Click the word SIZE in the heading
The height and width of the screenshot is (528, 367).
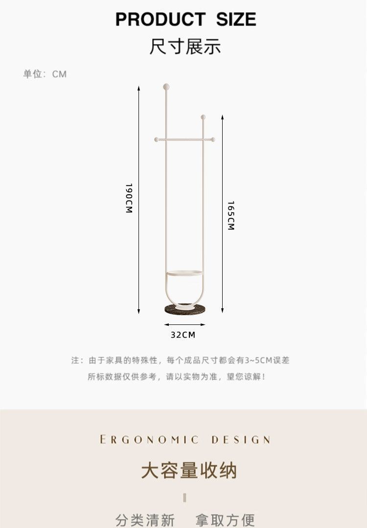tap(236, 20)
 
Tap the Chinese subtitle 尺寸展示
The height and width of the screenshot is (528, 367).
tap(185, 46)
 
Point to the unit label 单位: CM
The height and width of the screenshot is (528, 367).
tap(45, 74)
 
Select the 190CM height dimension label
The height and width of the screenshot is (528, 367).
tap(129, 198)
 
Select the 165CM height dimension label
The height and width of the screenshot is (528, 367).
tap(231, 215)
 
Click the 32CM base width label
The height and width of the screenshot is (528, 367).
tap(183, 335)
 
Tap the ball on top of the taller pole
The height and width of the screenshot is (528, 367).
tap(166, 87)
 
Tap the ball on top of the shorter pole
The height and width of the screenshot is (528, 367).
tap(203, 117)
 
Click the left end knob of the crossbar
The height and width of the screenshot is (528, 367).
tap(157, 139)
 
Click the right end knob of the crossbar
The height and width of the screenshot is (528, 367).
tap(213, 139)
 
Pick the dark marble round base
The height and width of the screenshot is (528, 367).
tap(185, 309)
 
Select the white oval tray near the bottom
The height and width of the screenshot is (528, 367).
tap(184, 273)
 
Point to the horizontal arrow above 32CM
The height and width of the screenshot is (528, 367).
tap(184, 324)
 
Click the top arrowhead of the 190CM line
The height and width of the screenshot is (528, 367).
tap(139, 88)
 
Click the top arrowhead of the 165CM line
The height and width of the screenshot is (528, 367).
tap(222, 117)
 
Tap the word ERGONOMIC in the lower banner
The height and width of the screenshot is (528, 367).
tap(149, 439)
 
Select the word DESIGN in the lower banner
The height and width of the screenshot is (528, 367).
tap(240, 439)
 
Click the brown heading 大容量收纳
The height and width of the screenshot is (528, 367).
tap(188, 471)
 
